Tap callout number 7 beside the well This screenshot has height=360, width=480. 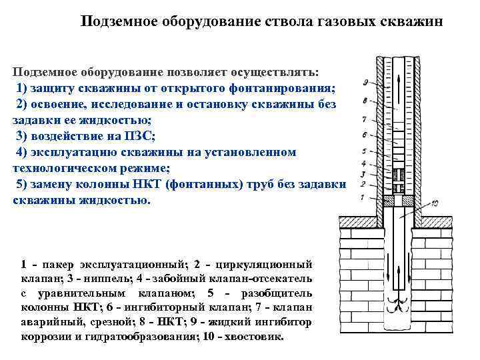pos(364,120)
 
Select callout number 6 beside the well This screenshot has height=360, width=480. pos(364,135)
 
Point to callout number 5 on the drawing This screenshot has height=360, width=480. pos(364,153)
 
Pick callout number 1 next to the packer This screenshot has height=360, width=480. pos(362,197)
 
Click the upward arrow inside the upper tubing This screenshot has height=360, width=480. pos(399,87)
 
